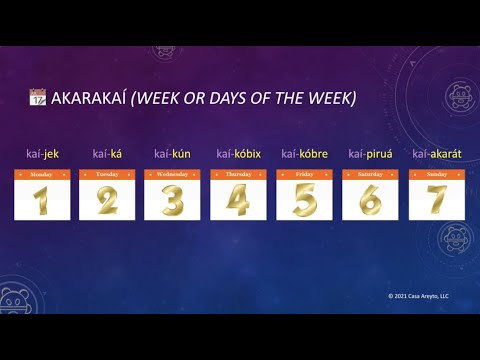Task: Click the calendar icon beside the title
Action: point(37,98)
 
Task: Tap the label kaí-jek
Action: point(41,153)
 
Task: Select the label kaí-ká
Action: point(107,153)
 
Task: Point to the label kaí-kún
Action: point(172,153)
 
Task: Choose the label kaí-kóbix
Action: point(238,153)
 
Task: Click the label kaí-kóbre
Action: point(304,153)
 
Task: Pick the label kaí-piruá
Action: point(369,153)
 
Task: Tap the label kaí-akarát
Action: point(435,153)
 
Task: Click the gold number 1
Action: point(41,200)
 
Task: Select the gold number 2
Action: point(107,200)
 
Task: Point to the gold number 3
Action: point(172,200)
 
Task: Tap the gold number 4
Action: point(238,200)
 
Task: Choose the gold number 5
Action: point(304,200)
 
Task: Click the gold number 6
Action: point(370,200)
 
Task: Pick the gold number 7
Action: point(436,200)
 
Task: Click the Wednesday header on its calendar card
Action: point(172,174)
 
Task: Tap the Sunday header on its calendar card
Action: point(436,174)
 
